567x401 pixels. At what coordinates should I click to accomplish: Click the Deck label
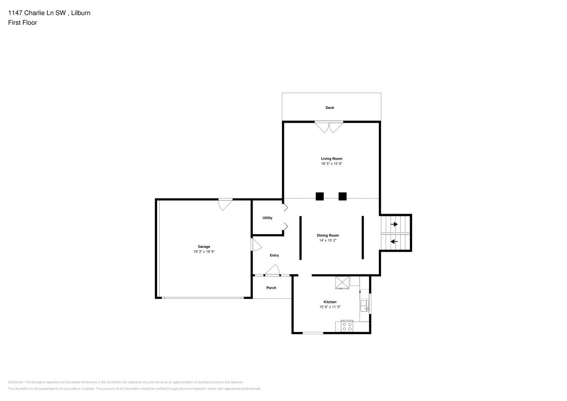330,107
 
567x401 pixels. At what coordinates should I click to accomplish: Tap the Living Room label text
331,159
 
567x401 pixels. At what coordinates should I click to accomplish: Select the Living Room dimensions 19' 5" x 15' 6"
331,164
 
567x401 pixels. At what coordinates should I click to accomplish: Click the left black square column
320,196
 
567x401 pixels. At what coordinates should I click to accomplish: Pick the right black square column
342,196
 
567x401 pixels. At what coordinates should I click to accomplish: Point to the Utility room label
267,218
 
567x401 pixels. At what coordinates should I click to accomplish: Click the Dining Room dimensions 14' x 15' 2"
328,241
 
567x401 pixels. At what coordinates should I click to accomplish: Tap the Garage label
204,247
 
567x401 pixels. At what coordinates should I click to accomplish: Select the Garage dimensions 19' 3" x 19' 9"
204,252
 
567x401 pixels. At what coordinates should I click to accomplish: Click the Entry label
274,255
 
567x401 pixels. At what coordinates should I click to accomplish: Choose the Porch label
271,288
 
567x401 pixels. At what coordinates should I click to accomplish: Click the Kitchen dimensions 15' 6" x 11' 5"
330,307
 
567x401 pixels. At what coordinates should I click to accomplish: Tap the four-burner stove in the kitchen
347,326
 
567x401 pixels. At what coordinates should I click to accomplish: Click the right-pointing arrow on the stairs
395,224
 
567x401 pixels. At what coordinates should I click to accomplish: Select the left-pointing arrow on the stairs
394,241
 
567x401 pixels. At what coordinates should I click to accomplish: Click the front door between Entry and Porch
272,271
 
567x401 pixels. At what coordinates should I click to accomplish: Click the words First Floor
22,23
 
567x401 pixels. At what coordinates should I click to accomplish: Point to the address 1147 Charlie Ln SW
37,13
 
